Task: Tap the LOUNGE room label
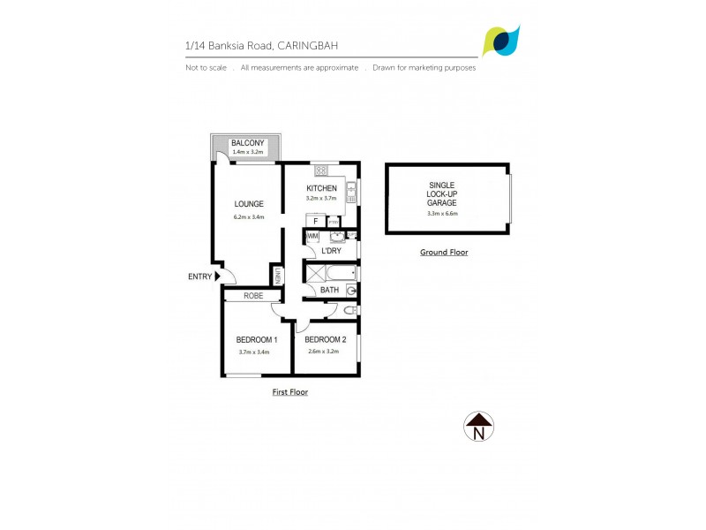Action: click(248, 204)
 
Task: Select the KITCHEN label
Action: click(321, 189)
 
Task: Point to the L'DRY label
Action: click(331, 252)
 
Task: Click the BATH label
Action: click(329, 290)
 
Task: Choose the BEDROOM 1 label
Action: click(257, 340)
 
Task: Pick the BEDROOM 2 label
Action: click(326, 340)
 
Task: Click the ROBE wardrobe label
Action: click(254, 296)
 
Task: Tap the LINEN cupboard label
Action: click(277, 276)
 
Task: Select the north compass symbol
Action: click(478, 426)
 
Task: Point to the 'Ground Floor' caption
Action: click(444, 253)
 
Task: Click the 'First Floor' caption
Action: click(289, 391)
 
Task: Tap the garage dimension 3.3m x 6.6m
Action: click(442, 213)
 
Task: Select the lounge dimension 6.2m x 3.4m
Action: click(248, 216)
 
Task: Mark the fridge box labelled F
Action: click(315, 220)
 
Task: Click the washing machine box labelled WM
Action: click(312, 236)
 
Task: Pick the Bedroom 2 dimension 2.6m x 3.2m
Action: click(325, 352)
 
